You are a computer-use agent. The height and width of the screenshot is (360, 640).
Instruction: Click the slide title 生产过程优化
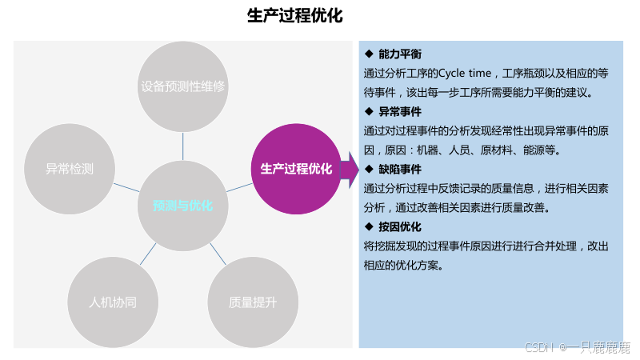(x=294, y=16)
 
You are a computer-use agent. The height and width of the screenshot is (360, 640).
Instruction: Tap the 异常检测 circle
(x=70, y=169)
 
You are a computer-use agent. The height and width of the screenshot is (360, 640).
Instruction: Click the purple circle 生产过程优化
(x=297, y=169)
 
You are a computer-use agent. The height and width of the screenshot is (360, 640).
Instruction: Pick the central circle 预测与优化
(x=183, y=206)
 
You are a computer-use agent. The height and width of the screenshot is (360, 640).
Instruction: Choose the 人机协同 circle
(x=113, y=302)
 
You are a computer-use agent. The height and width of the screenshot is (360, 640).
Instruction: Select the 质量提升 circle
(x=253, y=302)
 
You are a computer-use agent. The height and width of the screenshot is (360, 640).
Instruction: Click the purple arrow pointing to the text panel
(x=349, y=169)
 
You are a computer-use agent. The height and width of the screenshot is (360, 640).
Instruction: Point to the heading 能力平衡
(x=400, y=54)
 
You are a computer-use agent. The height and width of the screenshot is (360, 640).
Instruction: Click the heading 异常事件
(x=400, y=111)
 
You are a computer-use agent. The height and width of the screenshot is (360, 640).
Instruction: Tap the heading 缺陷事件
(x=400, y=169)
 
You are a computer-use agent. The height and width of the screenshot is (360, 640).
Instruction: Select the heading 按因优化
(x=400, y=226)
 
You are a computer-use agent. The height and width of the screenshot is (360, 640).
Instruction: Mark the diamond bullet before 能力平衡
(x=369, y=54)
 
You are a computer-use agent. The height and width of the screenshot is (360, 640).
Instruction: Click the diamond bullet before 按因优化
(x=369, y=226)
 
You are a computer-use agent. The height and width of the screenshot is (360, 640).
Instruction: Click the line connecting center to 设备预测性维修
(x=183, y=146)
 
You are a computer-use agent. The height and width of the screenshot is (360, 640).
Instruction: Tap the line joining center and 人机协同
(x=148, y=254)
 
